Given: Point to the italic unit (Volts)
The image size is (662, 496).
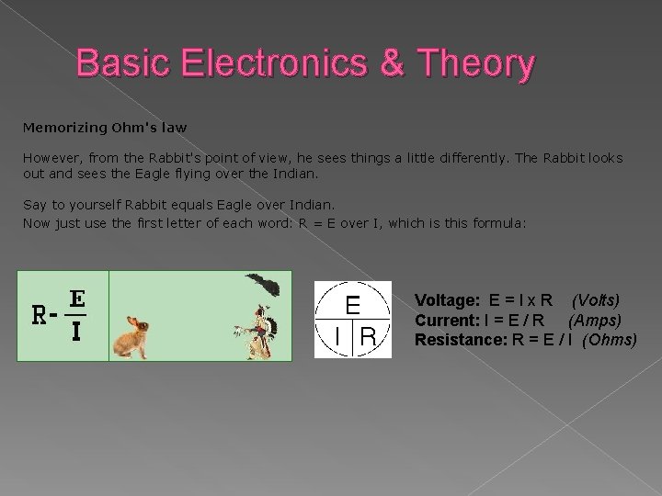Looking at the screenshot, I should [x=595, y=300].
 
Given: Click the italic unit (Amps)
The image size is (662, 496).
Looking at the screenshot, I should [x=594, y=320].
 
